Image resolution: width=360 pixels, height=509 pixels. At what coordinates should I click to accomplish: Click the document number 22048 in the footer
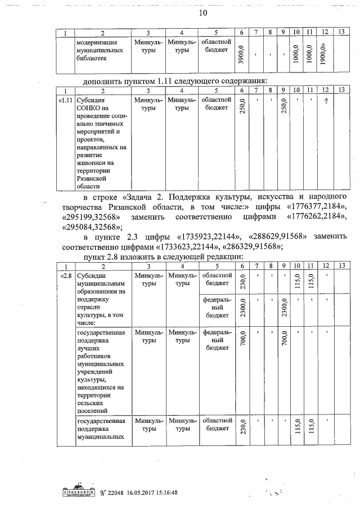click(x=120, y=493)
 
